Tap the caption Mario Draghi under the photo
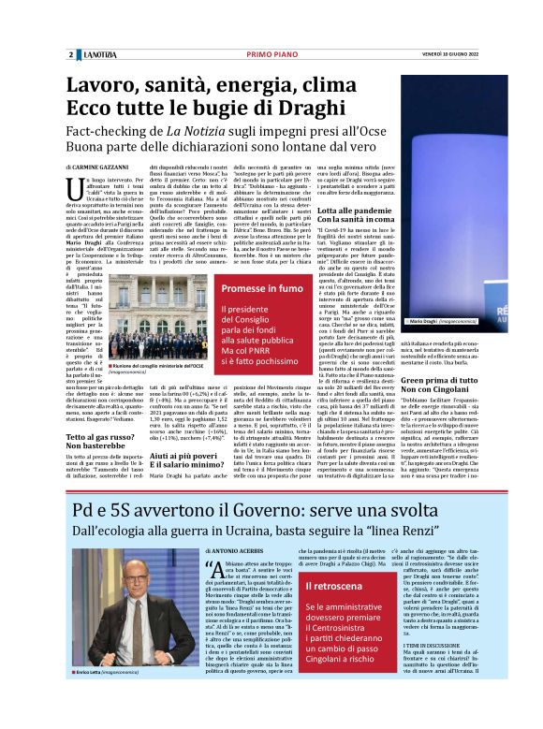pos(428,321)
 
